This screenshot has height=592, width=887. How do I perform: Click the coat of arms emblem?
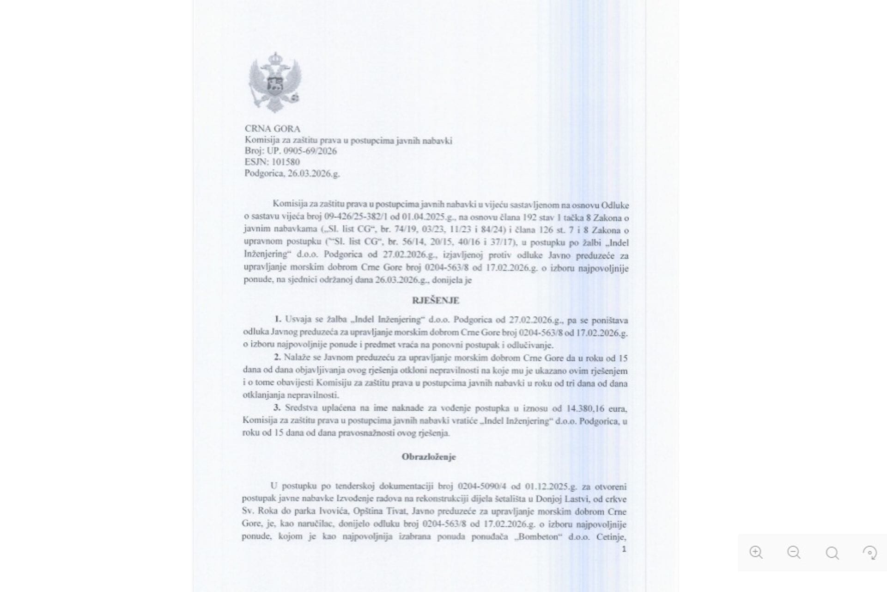tap(275, 82)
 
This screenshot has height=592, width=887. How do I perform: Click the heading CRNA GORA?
tap(272, 129)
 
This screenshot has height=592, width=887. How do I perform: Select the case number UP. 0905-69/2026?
tap(302, 151)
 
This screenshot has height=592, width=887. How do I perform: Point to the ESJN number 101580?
tap(286, 162)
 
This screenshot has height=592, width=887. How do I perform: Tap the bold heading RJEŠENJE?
tap(435, 301)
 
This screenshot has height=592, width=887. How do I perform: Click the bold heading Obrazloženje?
tap(428, 457)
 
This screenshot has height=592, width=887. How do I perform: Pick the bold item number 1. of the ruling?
tap(278, 319)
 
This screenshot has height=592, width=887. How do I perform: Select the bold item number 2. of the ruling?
tap(277, 358)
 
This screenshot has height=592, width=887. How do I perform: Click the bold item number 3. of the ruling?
tap(277, 408)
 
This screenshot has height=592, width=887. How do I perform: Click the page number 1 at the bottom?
tap(624, 549)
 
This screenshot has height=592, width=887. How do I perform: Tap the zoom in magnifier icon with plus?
tap(756, 552)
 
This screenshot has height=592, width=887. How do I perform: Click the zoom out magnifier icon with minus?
tap(794, 552)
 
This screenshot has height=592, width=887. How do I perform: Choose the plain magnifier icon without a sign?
tap(832, 553)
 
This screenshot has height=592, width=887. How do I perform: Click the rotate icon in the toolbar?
tap(870, 553)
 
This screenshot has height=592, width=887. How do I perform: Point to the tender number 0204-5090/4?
tap(482, 487)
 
